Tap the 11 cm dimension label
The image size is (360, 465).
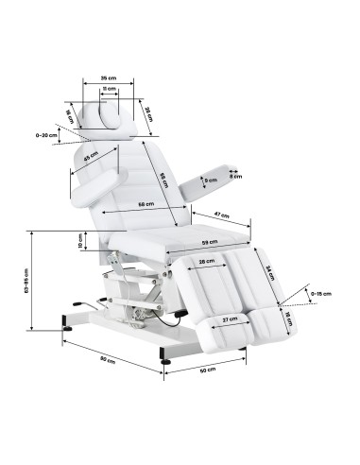111,89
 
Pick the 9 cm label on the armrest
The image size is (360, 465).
213,178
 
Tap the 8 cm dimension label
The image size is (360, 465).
235,175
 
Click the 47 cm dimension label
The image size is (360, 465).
220,215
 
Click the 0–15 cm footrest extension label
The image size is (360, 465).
321,293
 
